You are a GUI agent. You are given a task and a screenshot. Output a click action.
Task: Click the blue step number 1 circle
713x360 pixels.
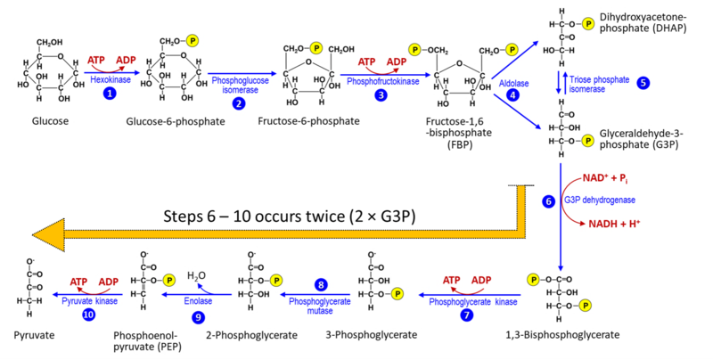tap(108, 92)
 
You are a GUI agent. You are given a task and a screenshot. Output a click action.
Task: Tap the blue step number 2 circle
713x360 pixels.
tap(238, 103)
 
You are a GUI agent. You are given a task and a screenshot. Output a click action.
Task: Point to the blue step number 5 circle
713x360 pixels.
tap(642, 82)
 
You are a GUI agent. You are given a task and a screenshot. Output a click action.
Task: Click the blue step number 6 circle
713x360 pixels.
tap(549, 202)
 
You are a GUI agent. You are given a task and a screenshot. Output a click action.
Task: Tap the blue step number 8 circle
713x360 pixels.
tap(321, 284)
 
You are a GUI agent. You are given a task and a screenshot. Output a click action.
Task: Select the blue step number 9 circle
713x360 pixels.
tap(198, 315)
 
